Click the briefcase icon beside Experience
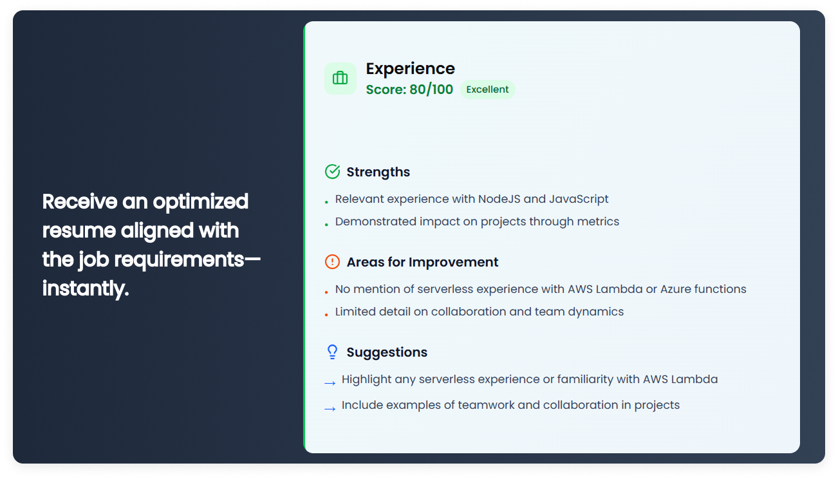click(x=340, y=78)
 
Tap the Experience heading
click(x=411, y=69)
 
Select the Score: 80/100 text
click(x=409, y=89)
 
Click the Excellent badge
click(x=487, y=89)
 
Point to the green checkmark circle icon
click(x=332, y=172)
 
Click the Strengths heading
click(x=378, y=172)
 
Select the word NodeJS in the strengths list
click(x=499, y=199)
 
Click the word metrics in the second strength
click(x=598, y=221)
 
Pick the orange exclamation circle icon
click(x=332, y=261)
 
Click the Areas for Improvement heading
click(x=422, y=262)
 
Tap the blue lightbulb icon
click(x=332, y=352)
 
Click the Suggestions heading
click(x=387, y=353)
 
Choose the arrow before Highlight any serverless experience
click(x=330, y=383)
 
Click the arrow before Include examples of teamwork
click(x=330, y=409)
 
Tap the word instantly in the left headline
click(x=86, y=288)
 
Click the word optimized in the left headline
click(x=201, y=202)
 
